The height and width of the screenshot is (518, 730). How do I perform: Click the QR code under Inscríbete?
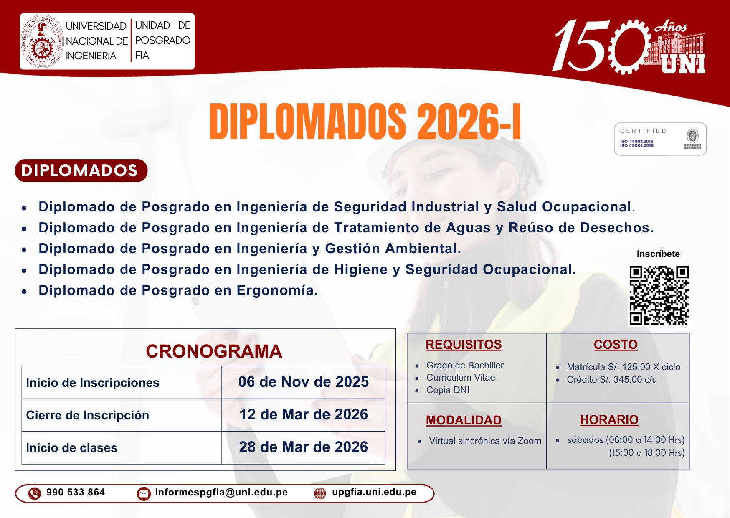[x=659, y=295]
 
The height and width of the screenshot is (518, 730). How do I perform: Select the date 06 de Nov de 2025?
[x=304, y=382]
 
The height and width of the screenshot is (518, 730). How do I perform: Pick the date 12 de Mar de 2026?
[x=304, y=414]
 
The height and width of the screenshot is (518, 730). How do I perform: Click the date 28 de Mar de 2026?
[x=304, y=447]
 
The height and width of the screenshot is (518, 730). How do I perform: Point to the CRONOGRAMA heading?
[x=214, y=351]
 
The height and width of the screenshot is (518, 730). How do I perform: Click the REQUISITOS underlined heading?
[x=464, y=345]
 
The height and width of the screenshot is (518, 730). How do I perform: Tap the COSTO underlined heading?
[x=616, y=345]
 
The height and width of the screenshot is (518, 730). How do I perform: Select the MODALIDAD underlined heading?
[x=464, y=420]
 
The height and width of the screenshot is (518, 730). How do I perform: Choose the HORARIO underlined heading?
[x=609, y=420]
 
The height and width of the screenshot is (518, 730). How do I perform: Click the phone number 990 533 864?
[x=76, y=493]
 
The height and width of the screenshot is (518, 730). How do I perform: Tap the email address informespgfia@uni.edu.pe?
[x=221, y=493]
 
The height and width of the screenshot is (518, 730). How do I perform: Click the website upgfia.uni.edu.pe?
[x=374, y=492]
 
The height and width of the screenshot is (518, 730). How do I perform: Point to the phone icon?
[x=35, y=494]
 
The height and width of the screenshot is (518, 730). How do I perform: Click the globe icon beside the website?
[x=320, y=494]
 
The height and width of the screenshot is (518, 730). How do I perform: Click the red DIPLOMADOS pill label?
[x=81, y=170]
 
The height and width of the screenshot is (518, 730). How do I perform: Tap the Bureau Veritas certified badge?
[x=660, y=139]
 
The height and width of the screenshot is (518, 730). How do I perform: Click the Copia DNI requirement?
[x=448, y=390]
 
